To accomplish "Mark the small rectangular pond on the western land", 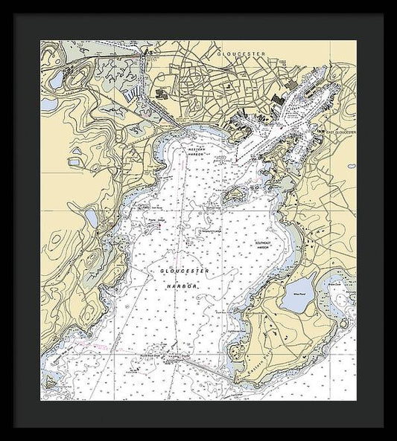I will pyautogui.click(x=75, y=160).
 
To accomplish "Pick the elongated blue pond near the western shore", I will pyautogui.click(x=90, y=217).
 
